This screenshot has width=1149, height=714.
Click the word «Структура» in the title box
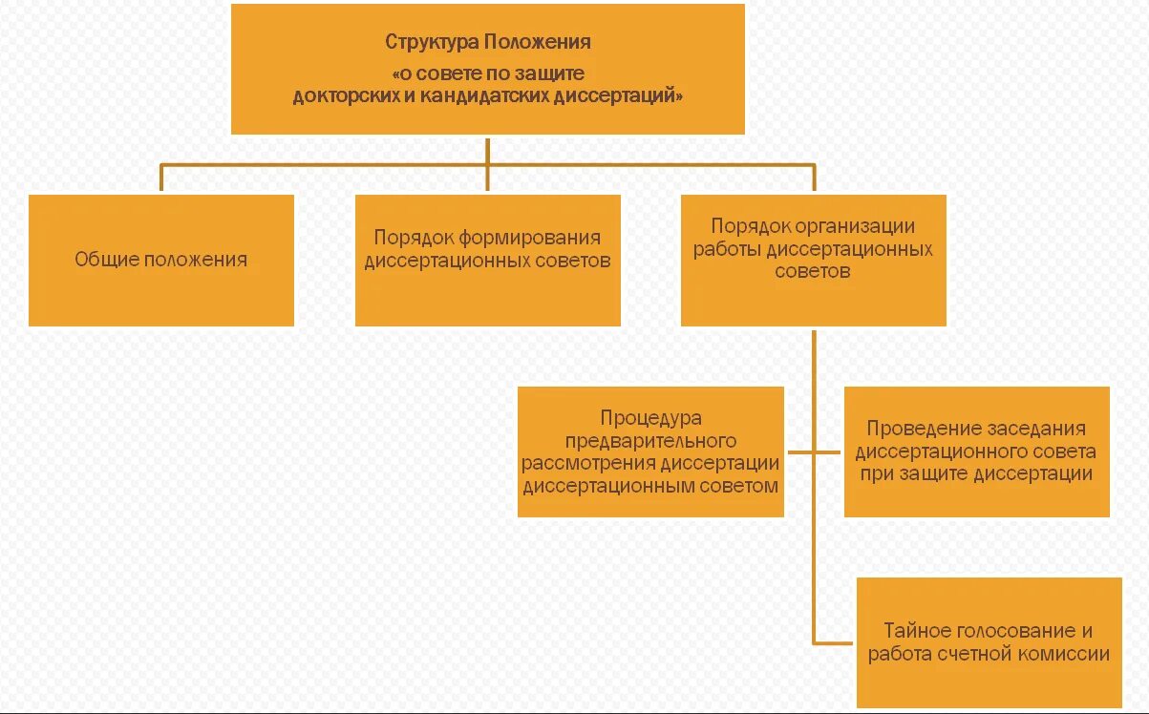pyautogui.click(x=432, y=43)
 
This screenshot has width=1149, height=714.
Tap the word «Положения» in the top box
pyautogui.click(x=538, y=43)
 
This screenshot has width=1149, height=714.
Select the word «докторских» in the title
pyautogui.click(x=342, y=96)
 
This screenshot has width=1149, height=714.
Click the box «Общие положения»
pyautogui.click(x=161, y=261)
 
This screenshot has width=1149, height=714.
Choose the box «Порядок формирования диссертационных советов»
pyautogui.click(x=487, y=261)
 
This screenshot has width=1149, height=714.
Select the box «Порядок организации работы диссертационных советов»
pyautogui.click(x=813, y=261)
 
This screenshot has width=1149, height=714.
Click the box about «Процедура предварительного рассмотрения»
pyautogui.click(x=650, y=451)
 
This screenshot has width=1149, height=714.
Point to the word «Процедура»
pyautogui.click(x=650, y=418)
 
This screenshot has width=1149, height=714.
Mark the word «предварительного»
pyautogui.click(x=650, y=441)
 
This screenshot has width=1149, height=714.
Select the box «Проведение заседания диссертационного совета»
pyautogui.click(x=976, y=451)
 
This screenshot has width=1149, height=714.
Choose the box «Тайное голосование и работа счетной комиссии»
pyautogui.click(x=989, y=642)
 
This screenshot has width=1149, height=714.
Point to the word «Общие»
pyautogui.click(x=107, y=260)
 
